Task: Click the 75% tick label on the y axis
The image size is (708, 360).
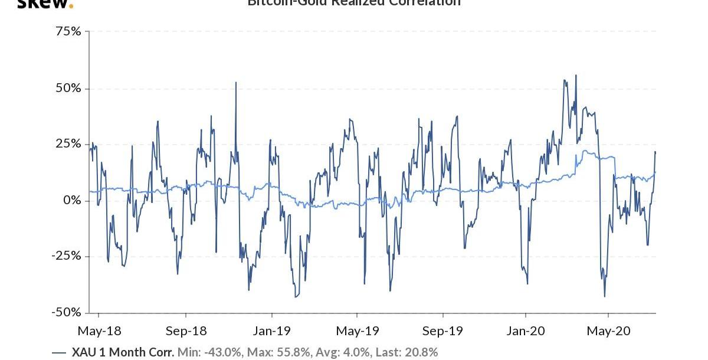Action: (x=67, y=31)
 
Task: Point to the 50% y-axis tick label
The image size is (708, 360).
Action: (x=67, y=88)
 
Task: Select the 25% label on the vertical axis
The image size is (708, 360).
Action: (x=67, y=144)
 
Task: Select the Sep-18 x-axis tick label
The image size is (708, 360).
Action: (x=185, y=330)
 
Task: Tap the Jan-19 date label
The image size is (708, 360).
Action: (x=271, y=330)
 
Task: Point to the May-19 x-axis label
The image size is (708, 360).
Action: (x=357, y=330)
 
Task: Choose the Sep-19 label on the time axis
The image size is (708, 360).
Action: (x=443, y=330)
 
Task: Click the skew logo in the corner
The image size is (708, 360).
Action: (x=45, y=4)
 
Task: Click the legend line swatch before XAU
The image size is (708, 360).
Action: (x=59, y=353)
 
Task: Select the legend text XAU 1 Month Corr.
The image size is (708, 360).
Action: (x=123, y=353)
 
